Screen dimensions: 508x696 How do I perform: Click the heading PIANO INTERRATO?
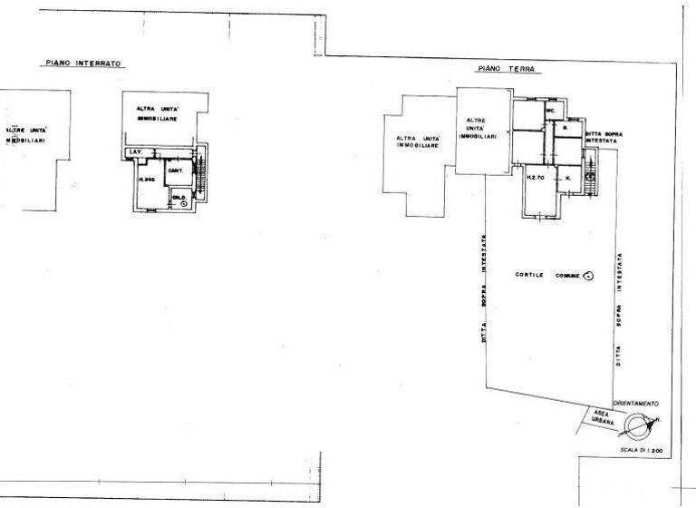tap(84, 63)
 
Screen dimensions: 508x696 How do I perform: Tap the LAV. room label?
tap(136, 151)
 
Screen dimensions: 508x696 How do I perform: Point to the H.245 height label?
tap(148, 180)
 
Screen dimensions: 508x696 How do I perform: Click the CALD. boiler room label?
tap(179, 197)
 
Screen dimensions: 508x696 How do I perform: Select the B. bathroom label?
tap(564, 129)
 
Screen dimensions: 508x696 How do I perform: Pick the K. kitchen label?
tap(567, 178)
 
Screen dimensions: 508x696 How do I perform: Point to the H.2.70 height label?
tap(535, 178)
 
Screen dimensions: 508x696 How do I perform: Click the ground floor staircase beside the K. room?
tap(593, 172)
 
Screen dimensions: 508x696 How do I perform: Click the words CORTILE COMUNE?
tap(546, 275)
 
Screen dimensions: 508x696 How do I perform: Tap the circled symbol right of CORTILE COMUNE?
tap(587, 275)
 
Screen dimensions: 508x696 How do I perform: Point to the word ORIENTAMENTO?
tap(635, 402)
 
